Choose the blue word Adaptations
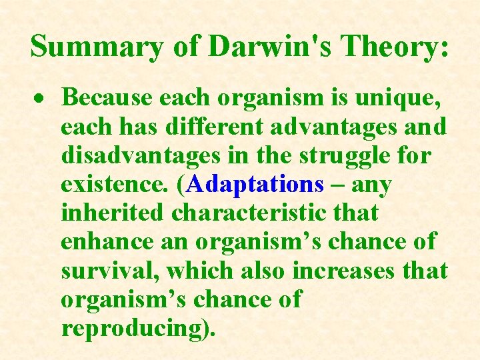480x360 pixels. coord(255,184)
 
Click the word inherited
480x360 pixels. coord(112,213)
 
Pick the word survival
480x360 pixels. coord(109,271)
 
